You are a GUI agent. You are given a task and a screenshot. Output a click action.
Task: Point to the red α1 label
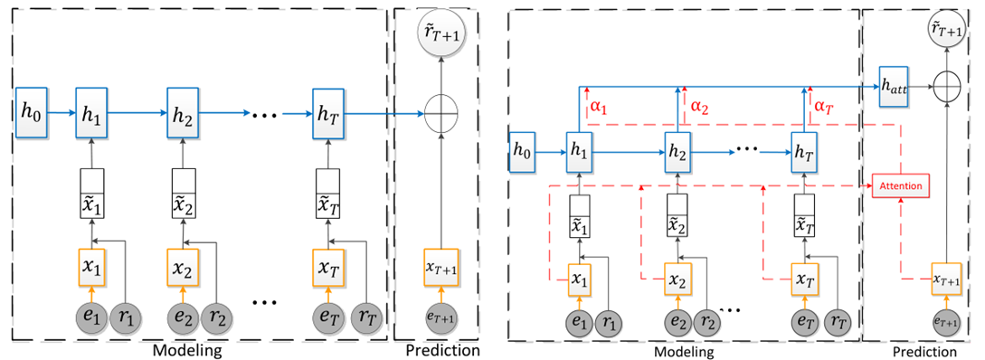600,107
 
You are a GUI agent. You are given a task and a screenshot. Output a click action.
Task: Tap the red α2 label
700,107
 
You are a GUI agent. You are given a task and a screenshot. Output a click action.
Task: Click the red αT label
824,107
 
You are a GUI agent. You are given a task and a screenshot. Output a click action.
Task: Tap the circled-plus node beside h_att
945,87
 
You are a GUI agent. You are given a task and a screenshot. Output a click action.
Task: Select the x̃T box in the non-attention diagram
327,193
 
